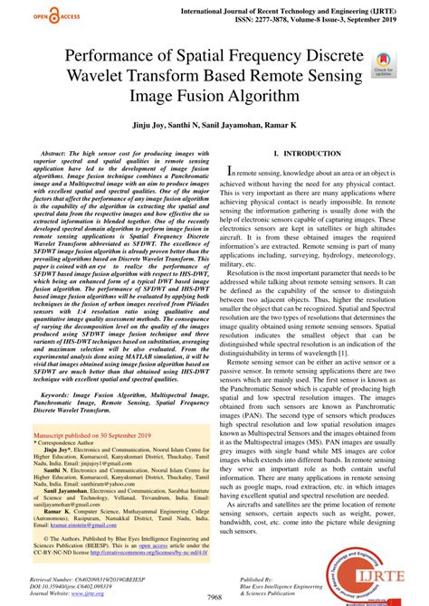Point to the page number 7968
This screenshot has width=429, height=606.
214,598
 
